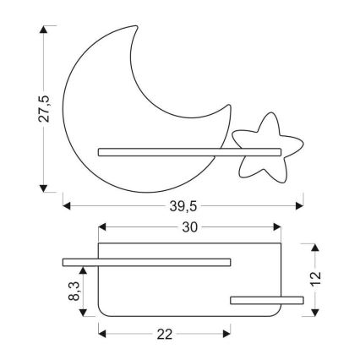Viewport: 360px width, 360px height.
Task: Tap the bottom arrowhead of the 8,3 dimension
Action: coord(83,312)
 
